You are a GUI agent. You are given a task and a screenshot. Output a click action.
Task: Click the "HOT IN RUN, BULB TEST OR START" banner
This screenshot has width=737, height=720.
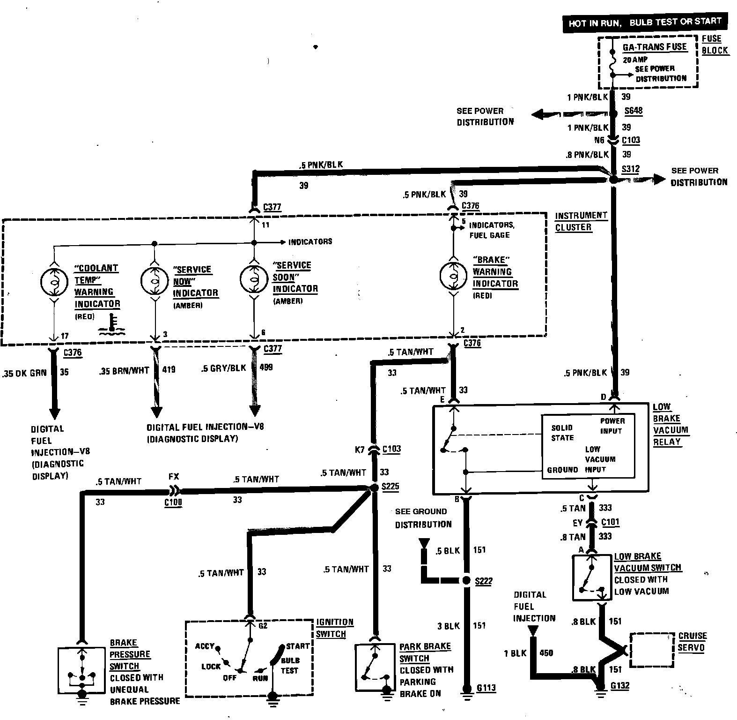pos(645,22)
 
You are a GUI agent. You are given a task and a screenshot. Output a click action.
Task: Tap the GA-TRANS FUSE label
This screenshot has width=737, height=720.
pos(654,47)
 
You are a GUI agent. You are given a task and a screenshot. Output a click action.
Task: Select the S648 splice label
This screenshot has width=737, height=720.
pos(634,111)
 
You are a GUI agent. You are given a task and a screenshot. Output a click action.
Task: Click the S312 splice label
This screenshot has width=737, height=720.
pos(630,169)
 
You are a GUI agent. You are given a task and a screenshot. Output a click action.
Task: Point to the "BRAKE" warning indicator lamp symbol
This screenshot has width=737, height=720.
pos(453,276)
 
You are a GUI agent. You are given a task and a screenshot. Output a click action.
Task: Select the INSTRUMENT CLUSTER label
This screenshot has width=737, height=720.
pos(581,221)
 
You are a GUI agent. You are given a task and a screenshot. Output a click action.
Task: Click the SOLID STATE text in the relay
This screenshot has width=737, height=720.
pos(562,433)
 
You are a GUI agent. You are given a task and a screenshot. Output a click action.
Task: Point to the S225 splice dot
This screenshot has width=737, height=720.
pos(374,488)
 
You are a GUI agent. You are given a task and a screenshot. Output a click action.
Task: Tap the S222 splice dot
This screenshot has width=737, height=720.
pos(466,581)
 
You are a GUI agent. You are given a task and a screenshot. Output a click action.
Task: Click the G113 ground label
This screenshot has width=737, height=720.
pos(486,688)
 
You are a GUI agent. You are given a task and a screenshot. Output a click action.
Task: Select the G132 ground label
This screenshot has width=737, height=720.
pos(620,685)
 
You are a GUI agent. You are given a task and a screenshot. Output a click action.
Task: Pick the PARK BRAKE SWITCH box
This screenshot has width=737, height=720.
pos(375,667)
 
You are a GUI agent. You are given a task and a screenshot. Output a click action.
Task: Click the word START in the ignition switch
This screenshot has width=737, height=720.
pos(298,646)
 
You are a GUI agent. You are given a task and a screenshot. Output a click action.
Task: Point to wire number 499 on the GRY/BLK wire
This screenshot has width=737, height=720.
pos(265,367)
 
